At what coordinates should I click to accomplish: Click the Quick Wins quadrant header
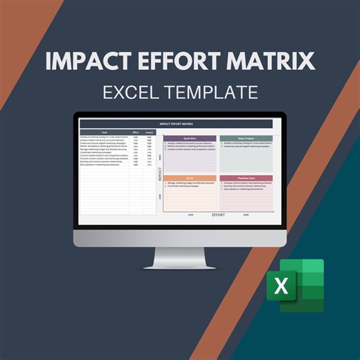[190, 138]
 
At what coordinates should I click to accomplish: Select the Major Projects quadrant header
[246, 138]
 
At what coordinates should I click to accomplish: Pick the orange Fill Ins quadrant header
[190, 178]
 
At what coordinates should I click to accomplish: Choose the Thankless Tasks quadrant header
[246, 178]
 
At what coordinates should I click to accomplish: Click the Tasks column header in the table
[104, 132]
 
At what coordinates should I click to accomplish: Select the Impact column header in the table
[149, 132]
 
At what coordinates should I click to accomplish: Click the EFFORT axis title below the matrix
[218, 215]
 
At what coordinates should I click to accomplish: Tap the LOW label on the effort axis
[190, 215]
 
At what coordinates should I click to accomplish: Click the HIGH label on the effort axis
[246, 215]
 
